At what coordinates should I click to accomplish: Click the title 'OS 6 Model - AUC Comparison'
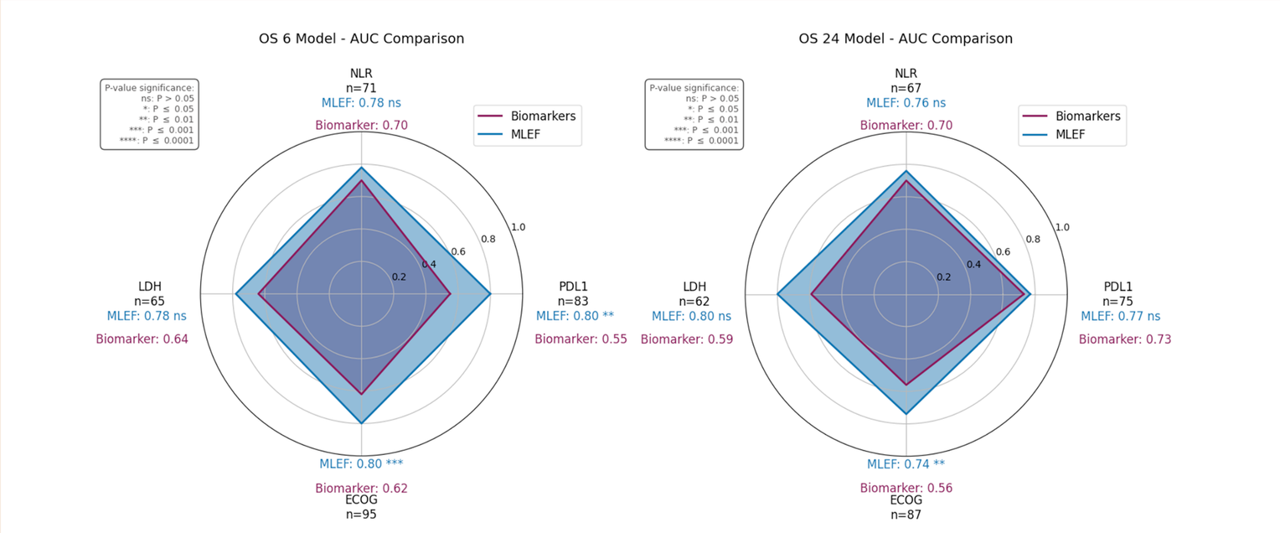[x=361, y=39]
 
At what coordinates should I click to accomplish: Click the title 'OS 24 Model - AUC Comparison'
[x=906, y=39]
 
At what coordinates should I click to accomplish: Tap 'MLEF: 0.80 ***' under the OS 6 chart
[x=361, y=463]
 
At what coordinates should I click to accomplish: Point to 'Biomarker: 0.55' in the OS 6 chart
[x=581, y=339]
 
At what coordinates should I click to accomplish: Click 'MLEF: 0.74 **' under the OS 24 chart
[x=906, y=464]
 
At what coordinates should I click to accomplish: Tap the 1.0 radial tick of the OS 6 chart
[x=519, y=227]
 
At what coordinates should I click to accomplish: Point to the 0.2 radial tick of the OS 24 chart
[x=944, y=277]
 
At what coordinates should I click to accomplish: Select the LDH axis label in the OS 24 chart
[x=694, y=286]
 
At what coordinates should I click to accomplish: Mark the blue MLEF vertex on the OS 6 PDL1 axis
[x=490, y=294]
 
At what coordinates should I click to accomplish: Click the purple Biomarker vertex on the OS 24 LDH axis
[x=811, y=294]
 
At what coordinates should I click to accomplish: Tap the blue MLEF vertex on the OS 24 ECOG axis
[x=906, y=414]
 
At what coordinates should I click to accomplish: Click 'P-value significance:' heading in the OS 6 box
[x=149, y=86]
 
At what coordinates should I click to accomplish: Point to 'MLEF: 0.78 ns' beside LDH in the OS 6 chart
[x=147, y=316]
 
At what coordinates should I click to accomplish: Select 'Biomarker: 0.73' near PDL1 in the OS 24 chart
[x=1124, y=339]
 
